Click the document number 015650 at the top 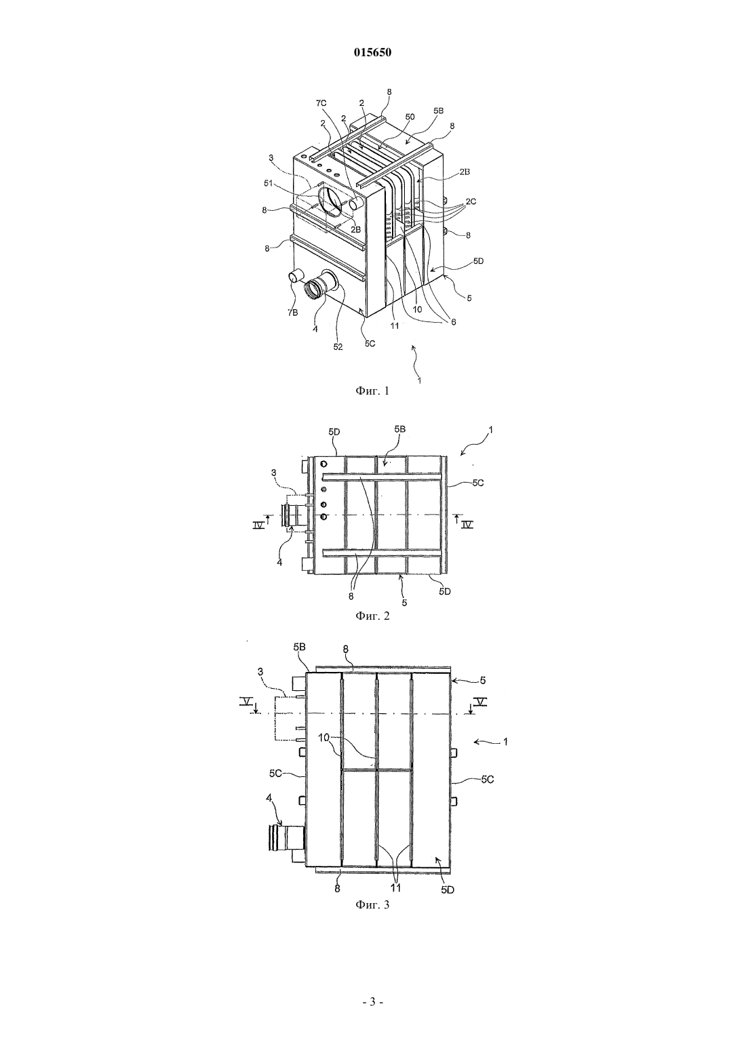[x=372, y=53]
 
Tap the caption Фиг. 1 [x=372, y=391]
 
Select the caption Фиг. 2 [x=372, y=616]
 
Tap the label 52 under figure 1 [x=338, y=347]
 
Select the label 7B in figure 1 [x=293, y=313]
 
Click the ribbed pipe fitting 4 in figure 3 [x=288, y=837]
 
